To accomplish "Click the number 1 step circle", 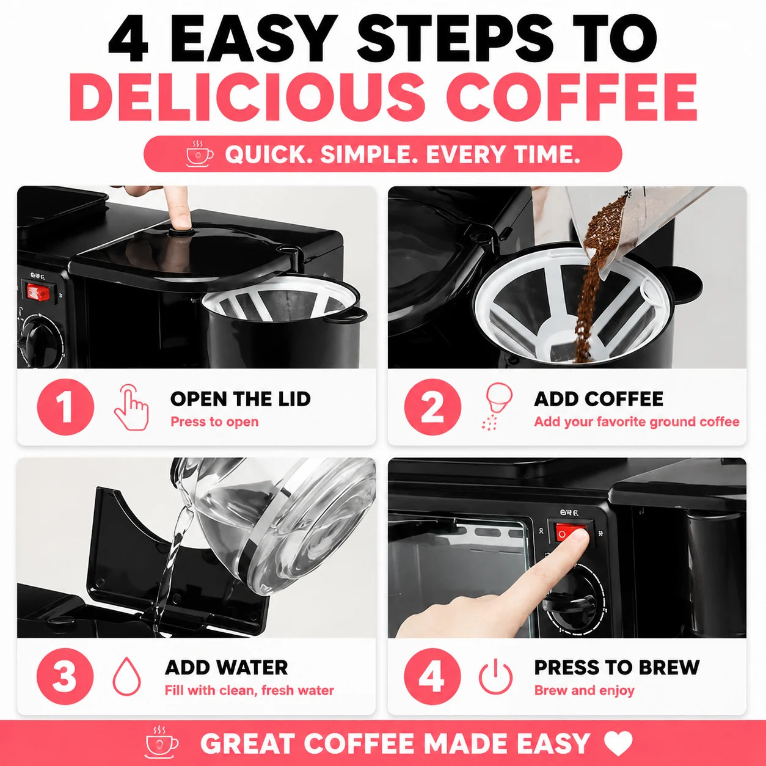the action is tap(65, 407).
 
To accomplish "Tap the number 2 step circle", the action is tap(432, 407).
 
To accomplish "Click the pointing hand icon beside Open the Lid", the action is tap(131, 407).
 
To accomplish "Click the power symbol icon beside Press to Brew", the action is tap(495, 677).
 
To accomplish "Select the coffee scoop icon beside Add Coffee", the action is tap(497, 406).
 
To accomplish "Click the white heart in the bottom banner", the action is tap(618, 742).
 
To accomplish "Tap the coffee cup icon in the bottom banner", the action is tap(161, 742).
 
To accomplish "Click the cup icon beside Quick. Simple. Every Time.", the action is tap(200, 153).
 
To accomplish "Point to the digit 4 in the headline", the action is tap(128, 39).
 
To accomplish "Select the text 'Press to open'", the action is tap(214, 421).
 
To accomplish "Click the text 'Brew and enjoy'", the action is tap(585, 691).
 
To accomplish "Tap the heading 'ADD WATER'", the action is tap(227, 668).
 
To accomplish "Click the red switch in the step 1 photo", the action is tap(39, 292).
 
